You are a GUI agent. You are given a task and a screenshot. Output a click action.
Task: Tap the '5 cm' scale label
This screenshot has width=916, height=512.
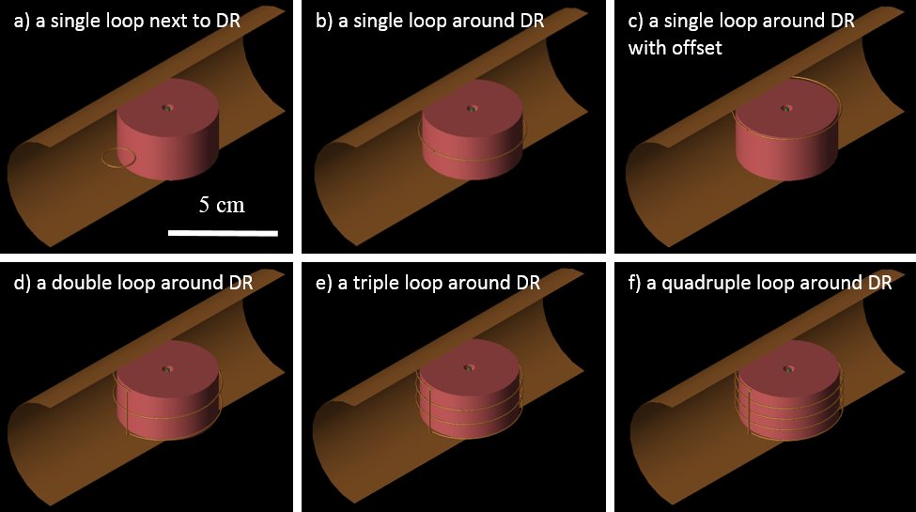click(x=222, y=205)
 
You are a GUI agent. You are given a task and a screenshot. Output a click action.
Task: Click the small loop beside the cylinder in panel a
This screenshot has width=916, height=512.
click(x=117, y=159)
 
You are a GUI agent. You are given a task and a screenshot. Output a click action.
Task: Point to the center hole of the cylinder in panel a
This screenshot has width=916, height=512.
click(x=167, y=108)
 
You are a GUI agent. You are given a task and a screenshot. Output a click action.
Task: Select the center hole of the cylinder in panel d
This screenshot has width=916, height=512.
click(x=167, y=368)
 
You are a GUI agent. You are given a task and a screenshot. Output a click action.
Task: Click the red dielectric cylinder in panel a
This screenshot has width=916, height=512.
click(x=167, y=141)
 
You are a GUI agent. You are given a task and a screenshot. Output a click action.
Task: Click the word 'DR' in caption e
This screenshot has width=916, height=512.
click(x=528, y=282)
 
